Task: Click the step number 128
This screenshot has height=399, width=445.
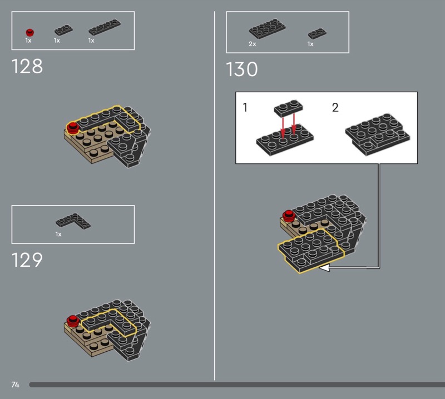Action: pyautogui.click(x=27, y=66)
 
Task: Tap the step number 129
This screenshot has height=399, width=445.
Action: pyautogui.click(x=27, y=260)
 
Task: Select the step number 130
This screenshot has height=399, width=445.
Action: pyautogui.click(x=242, y=69)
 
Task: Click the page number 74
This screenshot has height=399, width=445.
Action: pyautogui.click(x=16, y=385)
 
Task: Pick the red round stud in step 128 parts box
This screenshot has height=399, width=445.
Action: pyautogui.click(x=30, y=32)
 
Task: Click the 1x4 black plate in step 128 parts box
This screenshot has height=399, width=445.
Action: pyautogui.click(x=105, y=27)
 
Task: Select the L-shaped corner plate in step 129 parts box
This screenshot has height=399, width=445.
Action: pyautogui.click(x=73, y=221)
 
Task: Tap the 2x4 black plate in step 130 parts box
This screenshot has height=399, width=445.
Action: pyautogui.click(x=268, y=29)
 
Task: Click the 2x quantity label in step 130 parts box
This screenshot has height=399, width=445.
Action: pyautogui.click(x=253, y=44)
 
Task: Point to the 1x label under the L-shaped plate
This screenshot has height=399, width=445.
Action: pyautogui.click(x=58, y=235)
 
